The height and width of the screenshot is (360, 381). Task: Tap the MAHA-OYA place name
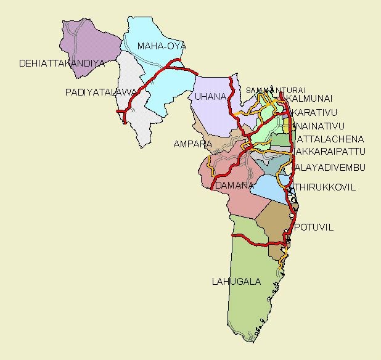(162, 46)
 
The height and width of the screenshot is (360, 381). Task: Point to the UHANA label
(207, 97)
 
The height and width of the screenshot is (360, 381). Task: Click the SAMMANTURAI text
(267, 90)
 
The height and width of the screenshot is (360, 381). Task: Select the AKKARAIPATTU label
(330, 151)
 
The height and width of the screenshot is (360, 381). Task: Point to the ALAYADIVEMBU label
(330, 168)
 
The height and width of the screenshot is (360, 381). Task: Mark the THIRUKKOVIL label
(325, 187)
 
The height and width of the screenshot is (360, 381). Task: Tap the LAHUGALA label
(236, 282)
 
